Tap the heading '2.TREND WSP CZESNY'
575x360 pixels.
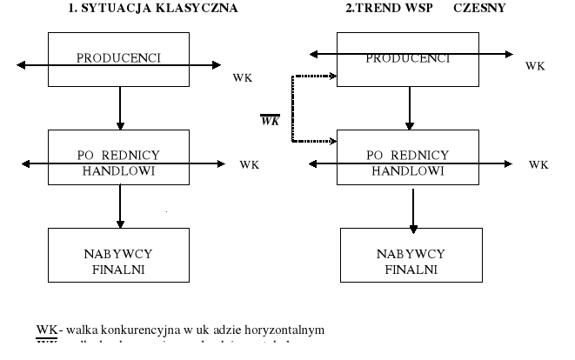(x=425, y=9)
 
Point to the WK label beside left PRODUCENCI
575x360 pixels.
(x=243, y=78)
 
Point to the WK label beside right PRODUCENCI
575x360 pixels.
(x=536, y=66)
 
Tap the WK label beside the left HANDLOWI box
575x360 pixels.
(x=250, y=164)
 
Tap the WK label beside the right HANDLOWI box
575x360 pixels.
(x=539, y=164)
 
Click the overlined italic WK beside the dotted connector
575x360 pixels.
(x=270, y=120)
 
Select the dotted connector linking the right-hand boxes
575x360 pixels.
(x=293, y=108)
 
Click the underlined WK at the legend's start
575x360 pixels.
(x=46, y=330)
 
